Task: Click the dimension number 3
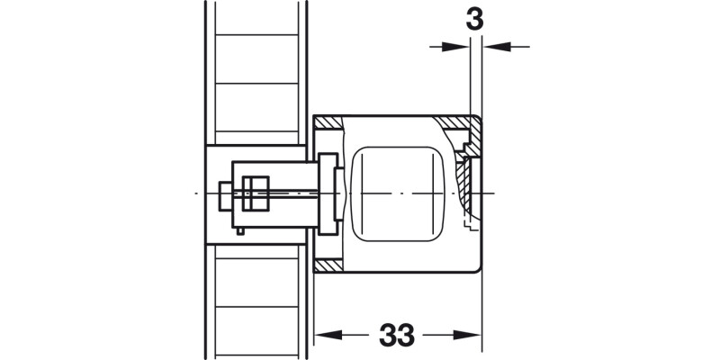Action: pyautogui.click(x=474, y=17)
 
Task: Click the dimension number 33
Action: pyautogui.click(x=396, y=335)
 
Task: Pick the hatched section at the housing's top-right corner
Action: pyautogui.click(x=459, y=122)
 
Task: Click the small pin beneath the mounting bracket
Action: pyautogui.click(x=243, y=231)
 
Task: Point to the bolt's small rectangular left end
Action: pyautogui.click(x=224, y=193)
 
